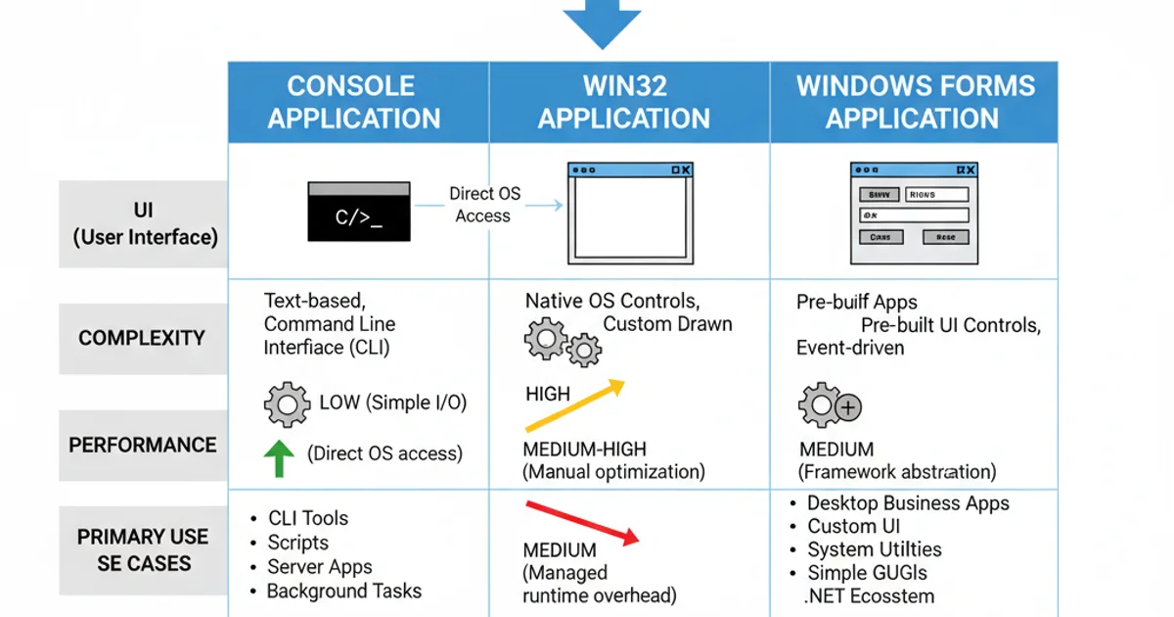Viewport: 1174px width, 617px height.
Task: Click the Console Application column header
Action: point(354,102)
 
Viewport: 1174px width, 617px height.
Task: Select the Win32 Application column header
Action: point(624,102)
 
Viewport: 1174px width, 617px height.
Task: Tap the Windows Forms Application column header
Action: point(914,102)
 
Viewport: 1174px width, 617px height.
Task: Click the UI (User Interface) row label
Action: point(145,224)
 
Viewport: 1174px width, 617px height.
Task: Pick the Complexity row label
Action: point(142,338)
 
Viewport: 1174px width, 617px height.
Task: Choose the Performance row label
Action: point(143,445)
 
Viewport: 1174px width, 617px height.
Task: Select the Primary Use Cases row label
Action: point(143,549)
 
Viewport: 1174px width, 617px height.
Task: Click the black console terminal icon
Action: point(359,212)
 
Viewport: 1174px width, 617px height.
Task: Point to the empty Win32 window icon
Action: point(631,213)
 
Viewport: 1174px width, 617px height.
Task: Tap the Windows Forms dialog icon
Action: point(914,213)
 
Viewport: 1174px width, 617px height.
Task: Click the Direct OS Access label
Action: point(484,205)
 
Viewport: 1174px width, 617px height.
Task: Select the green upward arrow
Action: point(280,456)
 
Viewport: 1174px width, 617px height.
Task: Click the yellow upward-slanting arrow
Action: point(574,404)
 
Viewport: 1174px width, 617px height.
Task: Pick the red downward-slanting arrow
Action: point(582,522)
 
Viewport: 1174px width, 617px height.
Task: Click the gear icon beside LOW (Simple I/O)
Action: point(287,404)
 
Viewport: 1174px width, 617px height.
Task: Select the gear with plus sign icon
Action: point(829,404)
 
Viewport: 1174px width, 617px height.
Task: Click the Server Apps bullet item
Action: point(319,567)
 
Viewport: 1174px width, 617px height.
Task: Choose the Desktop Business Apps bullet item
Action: point(907,503)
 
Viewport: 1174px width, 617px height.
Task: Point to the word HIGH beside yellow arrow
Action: point(548,394)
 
